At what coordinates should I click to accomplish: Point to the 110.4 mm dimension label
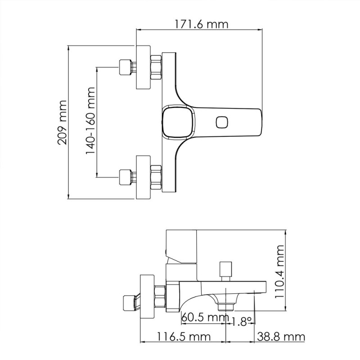click(280, 271)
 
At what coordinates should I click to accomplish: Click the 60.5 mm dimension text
click(205, 318)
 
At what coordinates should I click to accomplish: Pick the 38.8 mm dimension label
click(281, 336)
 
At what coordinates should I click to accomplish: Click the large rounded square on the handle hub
click(177, 122)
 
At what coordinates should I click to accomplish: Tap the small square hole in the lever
click(222, 122)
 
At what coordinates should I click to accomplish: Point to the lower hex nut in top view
click(156, 176)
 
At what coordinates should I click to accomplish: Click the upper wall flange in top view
click(144, 67)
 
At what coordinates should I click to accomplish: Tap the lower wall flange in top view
click(144, 176)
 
